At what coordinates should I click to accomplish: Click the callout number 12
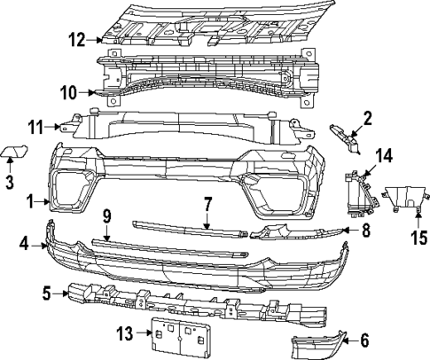click(x=78, y=39)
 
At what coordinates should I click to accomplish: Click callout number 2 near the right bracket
click(x=367, y=116)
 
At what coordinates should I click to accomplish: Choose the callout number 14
click(x=382, y=154)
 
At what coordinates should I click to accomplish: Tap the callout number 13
click(x=126, y=333)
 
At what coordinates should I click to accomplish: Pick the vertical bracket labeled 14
click(x=359, y=191)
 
